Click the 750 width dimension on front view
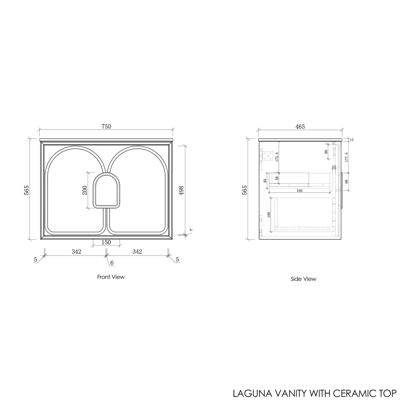point(106,126)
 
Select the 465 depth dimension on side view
point(300,126)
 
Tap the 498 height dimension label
point(181,190)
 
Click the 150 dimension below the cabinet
point(106,242)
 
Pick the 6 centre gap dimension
point(112,263)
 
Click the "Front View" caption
point(111,277)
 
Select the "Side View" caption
point(303,279)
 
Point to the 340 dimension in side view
point(299,191)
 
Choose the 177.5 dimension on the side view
point(346,158)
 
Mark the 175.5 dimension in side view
point(277,157)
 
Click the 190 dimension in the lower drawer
point(269,215)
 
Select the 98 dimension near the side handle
point(346,182)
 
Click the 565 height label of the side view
point(245,190)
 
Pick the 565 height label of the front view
point(27,190)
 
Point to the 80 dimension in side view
point(326,151)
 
